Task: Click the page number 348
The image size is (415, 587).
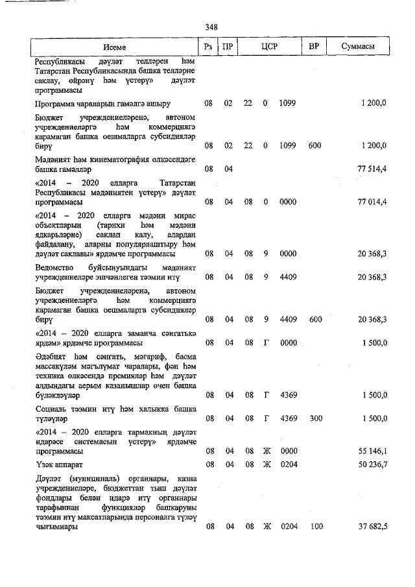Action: coord(211,27)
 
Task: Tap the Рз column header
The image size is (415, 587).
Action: coord(209,47)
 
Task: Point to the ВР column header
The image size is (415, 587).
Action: coord(314,47)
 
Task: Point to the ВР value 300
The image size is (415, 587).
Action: coord(315,418)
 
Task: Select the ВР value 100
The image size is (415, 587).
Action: coord(315,527)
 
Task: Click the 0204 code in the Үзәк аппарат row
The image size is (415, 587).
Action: coord(289,465)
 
